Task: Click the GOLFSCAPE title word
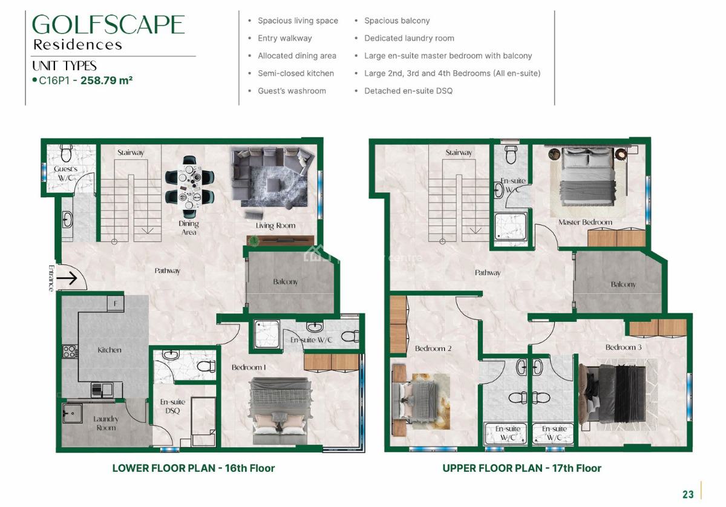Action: [x=108, y=25]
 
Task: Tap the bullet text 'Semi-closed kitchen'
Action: [x=295, y=73]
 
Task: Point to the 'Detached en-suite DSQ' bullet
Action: [x=408, y=91]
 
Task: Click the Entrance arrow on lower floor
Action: [x=69, y=279]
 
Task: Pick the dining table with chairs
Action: [x=190, y=186]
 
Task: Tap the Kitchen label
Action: [x=110, y=350]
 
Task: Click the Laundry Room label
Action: [x=106, y=423]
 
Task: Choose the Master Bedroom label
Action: [x=585, y=222]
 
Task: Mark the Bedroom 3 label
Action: [x=624, y=347]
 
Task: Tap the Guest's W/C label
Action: [x=66, y=173]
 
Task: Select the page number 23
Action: [x=688, y=494]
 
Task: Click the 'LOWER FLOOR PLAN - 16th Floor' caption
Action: [x=194, y=468]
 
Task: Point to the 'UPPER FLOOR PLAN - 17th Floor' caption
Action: [x=522, y=468]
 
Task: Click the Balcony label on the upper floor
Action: [x=623, y=284]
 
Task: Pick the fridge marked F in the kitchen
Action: [x=116, y=303]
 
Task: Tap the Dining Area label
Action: [x=189, y=227]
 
